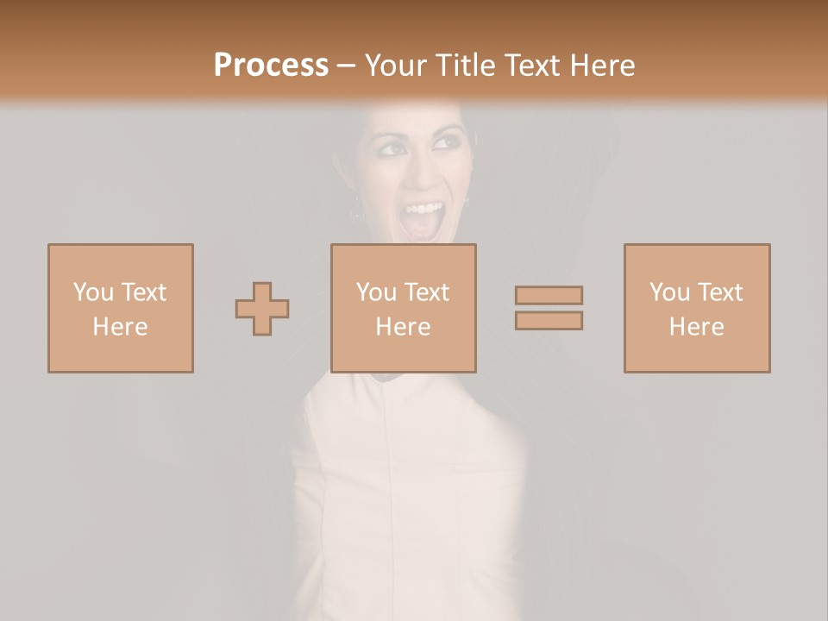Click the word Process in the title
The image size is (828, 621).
271,66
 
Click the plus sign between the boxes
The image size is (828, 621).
262,309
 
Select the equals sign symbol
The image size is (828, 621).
549,308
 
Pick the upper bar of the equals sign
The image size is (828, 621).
549,296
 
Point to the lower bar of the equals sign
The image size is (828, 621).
549,321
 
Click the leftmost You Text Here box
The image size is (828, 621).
121,308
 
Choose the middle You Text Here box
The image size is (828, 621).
404,308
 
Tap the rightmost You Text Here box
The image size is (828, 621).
697,308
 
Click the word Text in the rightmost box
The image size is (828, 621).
719,292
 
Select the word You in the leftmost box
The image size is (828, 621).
92,292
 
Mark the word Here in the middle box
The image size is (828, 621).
404,327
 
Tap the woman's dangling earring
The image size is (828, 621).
354,207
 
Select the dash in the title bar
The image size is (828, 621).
347,66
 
